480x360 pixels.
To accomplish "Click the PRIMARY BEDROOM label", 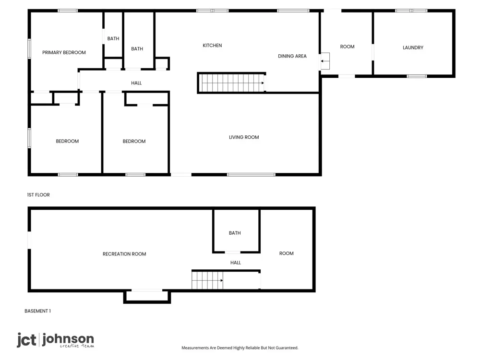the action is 64,53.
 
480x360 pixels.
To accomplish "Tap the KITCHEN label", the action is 212,46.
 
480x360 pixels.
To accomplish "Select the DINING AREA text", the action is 292,56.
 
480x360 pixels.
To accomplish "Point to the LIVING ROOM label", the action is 244,137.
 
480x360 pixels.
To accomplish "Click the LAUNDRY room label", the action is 413,48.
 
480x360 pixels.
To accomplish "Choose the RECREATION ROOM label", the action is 124,254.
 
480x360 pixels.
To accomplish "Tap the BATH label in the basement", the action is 235,233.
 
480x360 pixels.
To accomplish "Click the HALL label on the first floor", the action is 136,83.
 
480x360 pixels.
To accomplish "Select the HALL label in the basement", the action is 235,263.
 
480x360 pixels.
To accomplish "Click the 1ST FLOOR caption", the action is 38,195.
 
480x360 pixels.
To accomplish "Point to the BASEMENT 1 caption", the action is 37,311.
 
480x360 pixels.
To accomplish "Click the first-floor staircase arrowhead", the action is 263,83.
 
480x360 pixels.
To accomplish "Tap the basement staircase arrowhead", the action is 222,280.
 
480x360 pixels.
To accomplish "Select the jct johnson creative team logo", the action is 55,340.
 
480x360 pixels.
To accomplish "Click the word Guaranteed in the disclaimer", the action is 287,348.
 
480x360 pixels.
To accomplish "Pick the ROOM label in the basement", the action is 286,253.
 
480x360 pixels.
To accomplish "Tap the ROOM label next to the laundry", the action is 347,47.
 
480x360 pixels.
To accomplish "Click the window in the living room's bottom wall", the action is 251,175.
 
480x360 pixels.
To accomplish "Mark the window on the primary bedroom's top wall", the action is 68,11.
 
